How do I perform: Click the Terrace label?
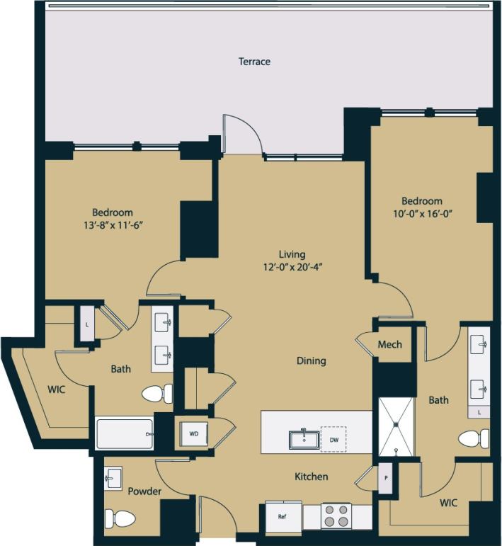[254, 62]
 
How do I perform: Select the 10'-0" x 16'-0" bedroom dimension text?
[422, 213]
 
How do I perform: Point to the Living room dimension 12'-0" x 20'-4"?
[292, 267]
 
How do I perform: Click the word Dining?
[311, 360]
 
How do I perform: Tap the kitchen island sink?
[303, 438]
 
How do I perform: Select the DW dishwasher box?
[333, 438]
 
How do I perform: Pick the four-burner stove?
[336, 516]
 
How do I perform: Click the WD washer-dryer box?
[193, 434]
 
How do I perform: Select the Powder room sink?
[113, 478]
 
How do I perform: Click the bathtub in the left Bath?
[125, 433]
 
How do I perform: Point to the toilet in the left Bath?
[157, 393]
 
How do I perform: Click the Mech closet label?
[389, 344]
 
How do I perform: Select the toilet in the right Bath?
[473, 438]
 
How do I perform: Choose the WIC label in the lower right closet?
[447, 503]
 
